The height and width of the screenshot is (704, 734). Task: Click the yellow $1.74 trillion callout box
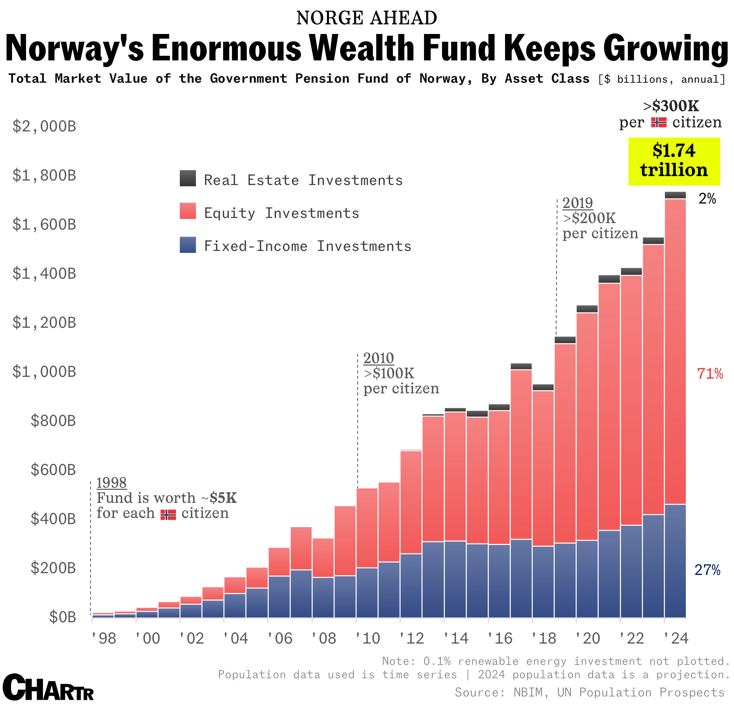point(674,161)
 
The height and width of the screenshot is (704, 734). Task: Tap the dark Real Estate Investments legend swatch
point(187,178)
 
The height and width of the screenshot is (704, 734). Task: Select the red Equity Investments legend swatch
point(187,211)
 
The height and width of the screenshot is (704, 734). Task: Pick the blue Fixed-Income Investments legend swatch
point(187,244)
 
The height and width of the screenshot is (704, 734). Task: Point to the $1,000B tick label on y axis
point(44,372)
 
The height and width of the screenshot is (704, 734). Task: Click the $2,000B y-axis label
point(44,126)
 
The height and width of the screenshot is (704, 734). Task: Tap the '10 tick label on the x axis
point(368,638)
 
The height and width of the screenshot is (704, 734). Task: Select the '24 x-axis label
point(676,638)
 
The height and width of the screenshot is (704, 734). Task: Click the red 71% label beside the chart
point(710,374)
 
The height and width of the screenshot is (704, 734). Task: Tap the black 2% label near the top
point(707,199)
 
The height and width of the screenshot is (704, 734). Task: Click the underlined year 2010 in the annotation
point(379,358)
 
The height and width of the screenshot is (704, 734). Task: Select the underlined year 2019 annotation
point(578,203)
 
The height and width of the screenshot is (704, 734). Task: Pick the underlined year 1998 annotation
point(112,483)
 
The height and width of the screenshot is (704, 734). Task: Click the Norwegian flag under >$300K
point(659,123)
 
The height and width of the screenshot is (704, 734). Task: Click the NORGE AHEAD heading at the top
point(367,18)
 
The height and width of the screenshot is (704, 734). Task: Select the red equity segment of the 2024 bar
point(675,352)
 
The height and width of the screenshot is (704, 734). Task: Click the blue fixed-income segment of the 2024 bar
point(675,562)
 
